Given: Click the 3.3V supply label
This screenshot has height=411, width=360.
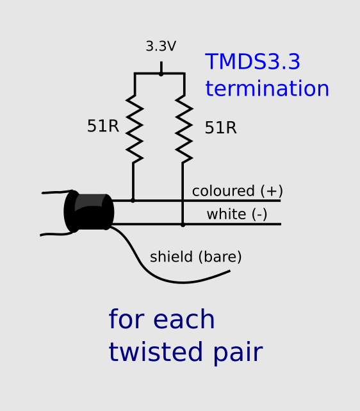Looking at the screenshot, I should coord(161,47).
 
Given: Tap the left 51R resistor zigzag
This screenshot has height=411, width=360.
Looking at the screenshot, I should coord(134,128).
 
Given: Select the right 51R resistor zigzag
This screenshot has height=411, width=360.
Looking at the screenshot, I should coord(184,128).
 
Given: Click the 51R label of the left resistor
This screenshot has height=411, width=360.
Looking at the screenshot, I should coord(102,126).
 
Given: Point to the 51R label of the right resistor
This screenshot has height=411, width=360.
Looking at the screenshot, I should coord(220,128).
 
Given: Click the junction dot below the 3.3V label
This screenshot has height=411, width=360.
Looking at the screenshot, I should coord(161,74).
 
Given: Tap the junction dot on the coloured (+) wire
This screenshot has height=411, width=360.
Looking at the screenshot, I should coord(133,200).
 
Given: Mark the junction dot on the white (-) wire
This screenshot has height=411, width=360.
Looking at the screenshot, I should coord(183,224).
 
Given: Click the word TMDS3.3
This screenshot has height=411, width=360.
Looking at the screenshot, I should coord(252,62).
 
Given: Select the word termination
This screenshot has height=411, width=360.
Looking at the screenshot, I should coord(267,88).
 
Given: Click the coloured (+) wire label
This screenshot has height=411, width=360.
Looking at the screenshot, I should coord(237,191).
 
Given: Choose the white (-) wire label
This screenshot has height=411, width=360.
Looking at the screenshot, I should coord(236,214).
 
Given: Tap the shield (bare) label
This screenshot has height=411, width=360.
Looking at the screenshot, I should coord(195,257).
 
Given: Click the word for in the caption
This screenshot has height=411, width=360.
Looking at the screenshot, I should coord(126,320).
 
